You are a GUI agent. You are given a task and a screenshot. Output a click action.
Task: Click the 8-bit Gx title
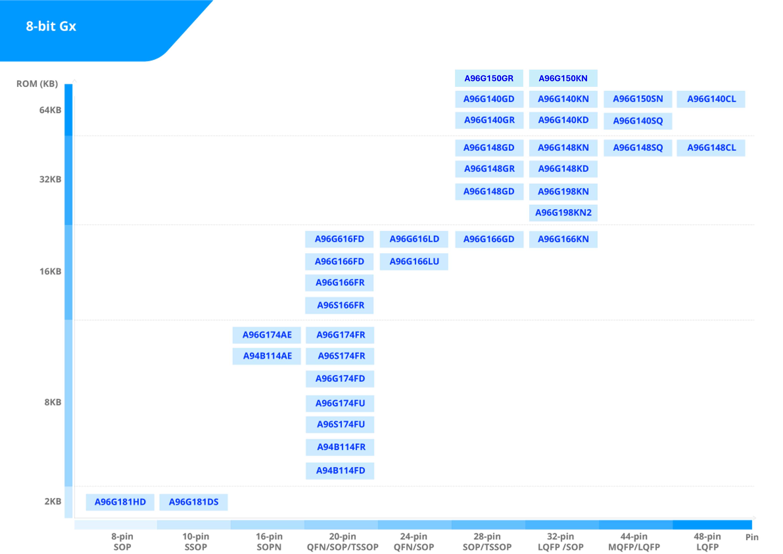(51, 26)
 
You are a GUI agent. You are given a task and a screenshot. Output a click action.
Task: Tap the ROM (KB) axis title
(37, 83)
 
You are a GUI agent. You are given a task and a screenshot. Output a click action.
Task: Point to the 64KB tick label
(50, 110)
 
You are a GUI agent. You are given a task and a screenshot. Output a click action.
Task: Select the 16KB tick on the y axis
(51, 272)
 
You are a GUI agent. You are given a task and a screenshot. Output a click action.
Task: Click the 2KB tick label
(53, 501)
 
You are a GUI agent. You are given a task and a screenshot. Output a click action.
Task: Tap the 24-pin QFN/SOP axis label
(414, 542)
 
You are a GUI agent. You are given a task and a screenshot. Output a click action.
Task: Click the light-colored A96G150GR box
(489, 79)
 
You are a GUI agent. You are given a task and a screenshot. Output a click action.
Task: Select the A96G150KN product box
(563, 79)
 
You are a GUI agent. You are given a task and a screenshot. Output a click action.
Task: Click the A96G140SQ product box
(638, 121)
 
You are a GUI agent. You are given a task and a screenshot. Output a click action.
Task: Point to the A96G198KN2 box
(563, 213)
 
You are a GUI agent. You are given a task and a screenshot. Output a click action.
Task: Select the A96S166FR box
(339, 305)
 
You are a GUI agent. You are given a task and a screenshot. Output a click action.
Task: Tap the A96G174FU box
(340, 404)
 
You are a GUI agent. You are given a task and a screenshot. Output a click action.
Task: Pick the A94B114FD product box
(340, 471)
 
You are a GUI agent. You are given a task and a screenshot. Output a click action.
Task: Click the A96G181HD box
(120, 502)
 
